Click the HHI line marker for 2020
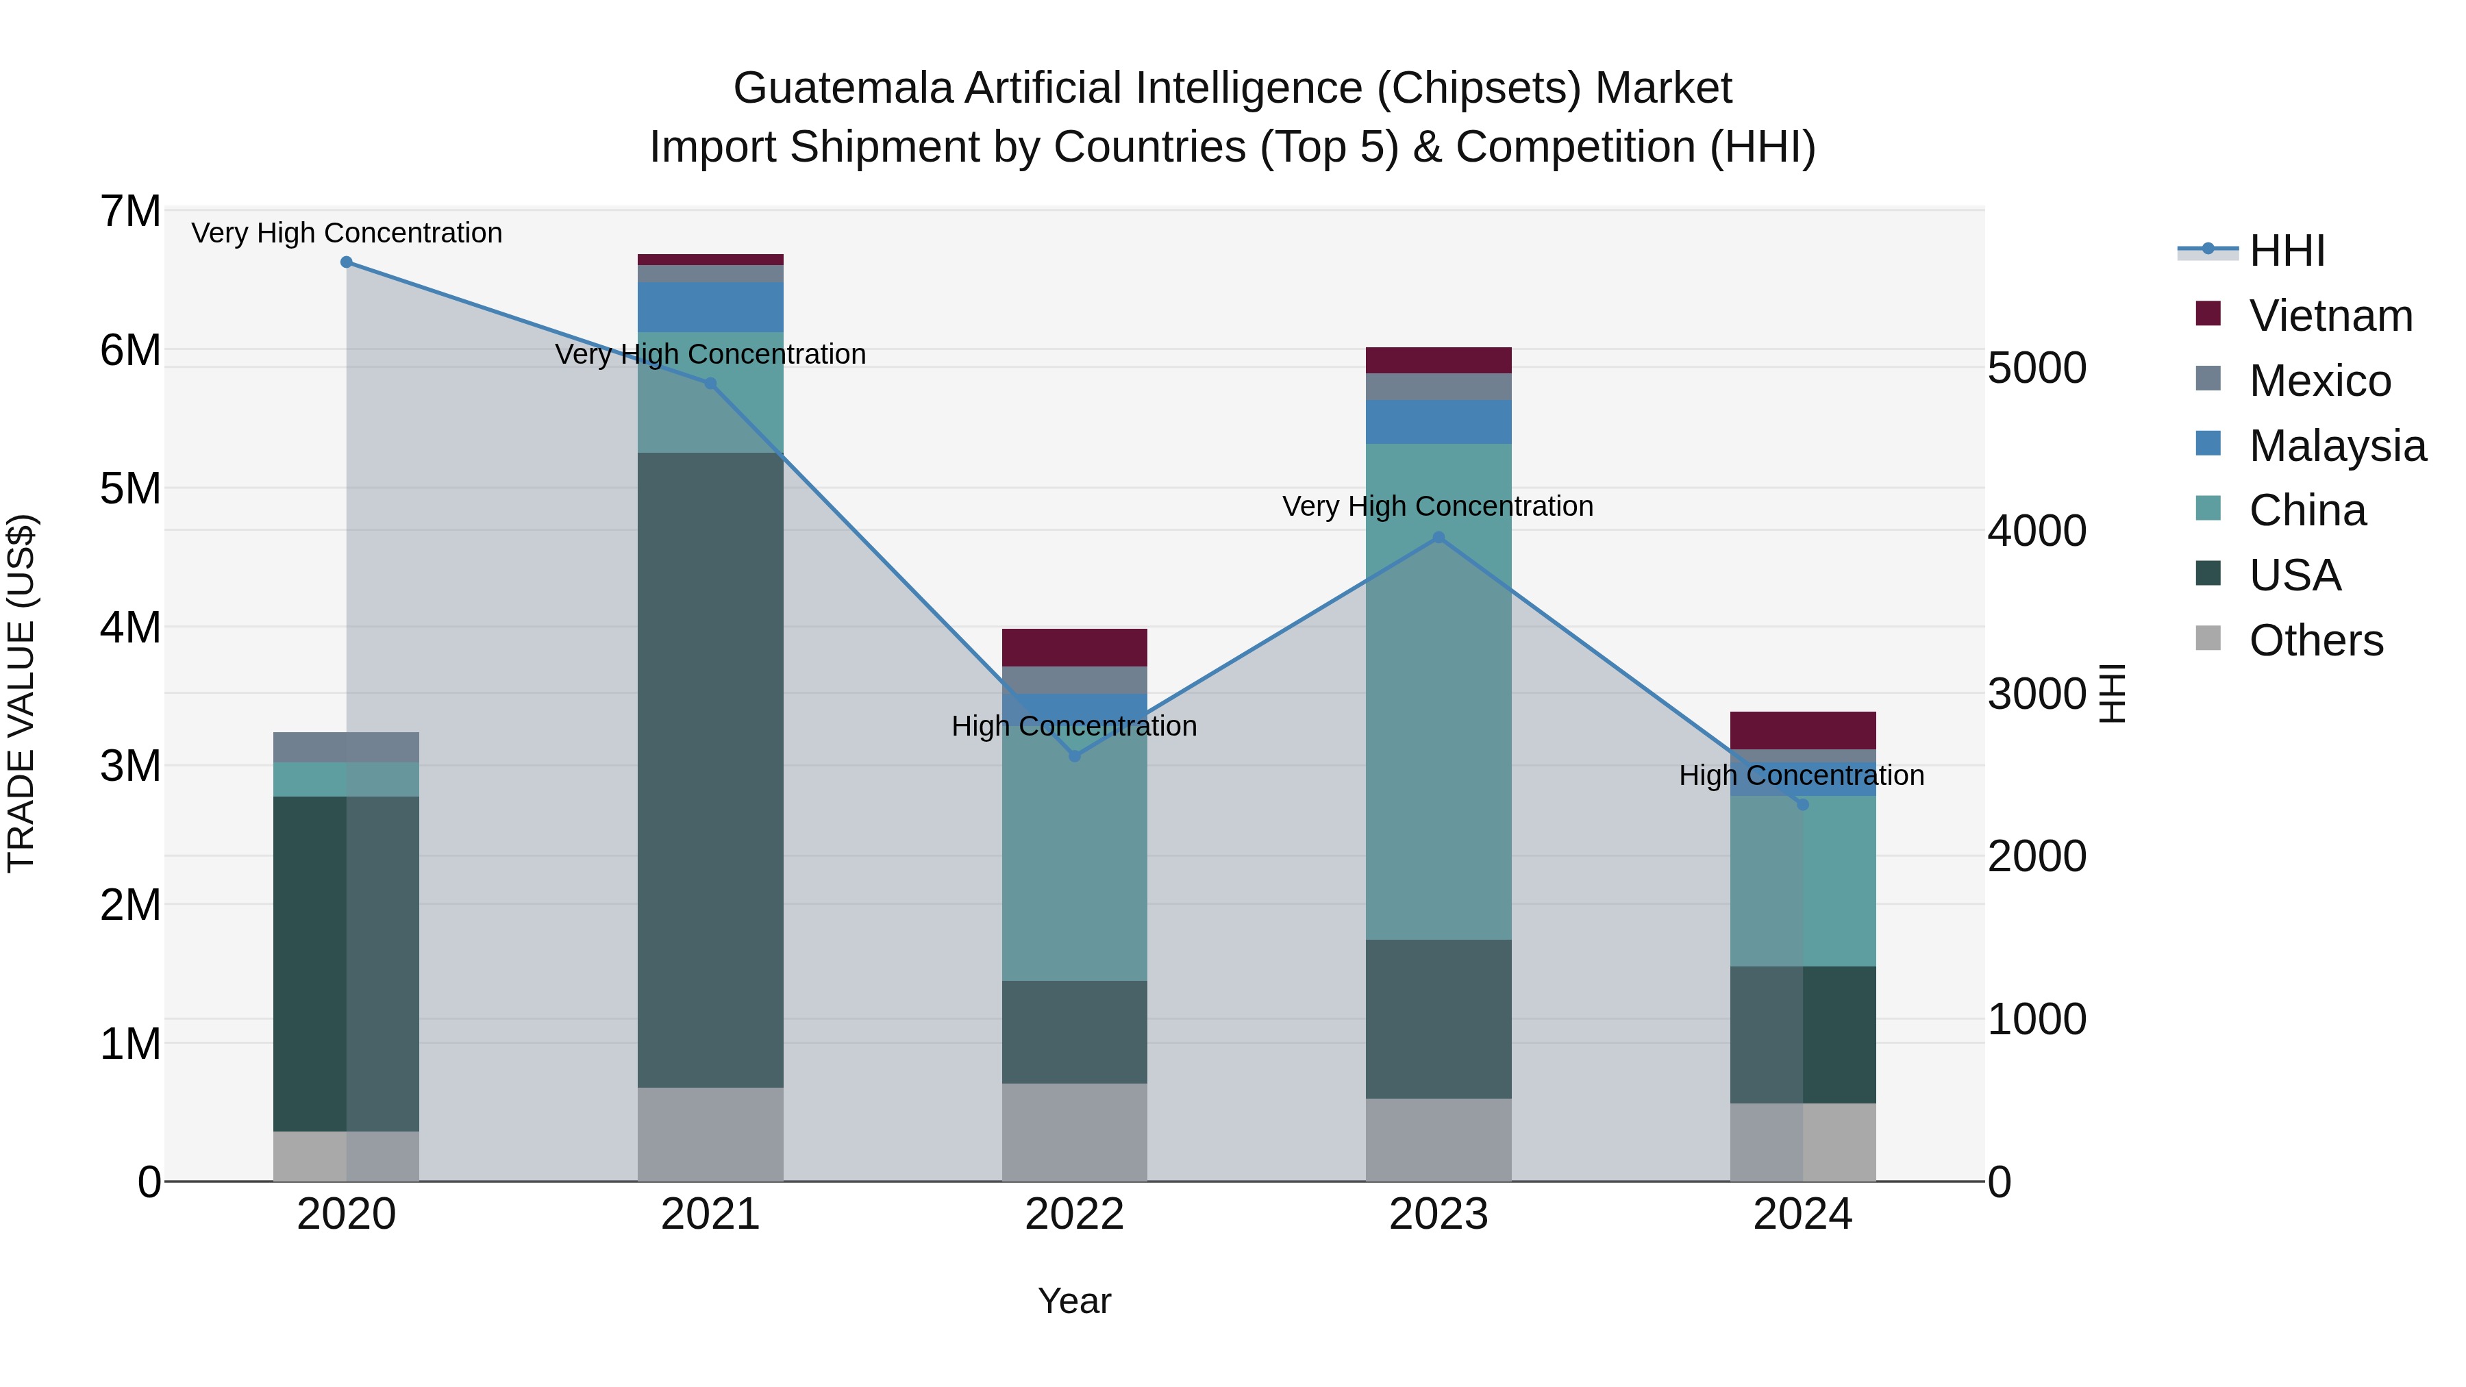click(347, 262)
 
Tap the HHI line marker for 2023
click(1438, 538)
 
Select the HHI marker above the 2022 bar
click(1074, 756)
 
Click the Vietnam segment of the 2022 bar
click(1074, 647)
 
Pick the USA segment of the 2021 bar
click(710, 770)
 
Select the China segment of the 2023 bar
click(1438, 691)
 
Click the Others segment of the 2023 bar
click(1438, 1139)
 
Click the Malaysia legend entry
click(2336, 446)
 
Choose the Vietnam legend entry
click(2330, 316)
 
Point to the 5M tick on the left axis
click(130, 488)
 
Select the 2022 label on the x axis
click(1074, 1214)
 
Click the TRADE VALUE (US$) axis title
click(21, 693)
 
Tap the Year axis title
click(1074, 1301)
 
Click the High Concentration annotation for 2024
click(1801, 775)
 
